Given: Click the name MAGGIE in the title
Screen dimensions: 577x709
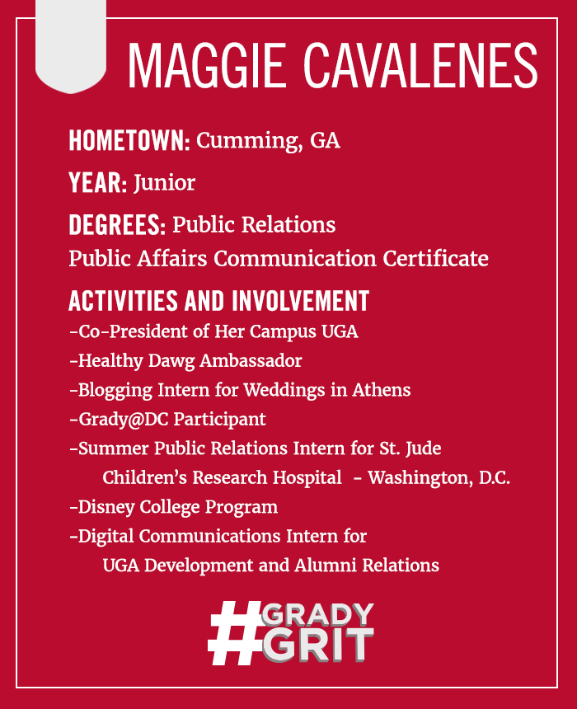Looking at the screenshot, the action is point(207,66).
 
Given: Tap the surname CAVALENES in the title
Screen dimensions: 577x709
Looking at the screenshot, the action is point(420,66).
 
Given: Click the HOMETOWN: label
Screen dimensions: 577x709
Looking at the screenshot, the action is point(129,140).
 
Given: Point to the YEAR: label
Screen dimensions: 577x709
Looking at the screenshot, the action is point(97,183).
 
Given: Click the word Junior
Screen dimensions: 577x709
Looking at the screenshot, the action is point(164,183).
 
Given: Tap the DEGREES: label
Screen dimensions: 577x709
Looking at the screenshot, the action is point(117,225).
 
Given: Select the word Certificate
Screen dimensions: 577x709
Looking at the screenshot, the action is point(435,258).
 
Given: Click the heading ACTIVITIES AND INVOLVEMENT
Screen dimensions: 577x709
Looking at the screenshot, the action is point(219,301).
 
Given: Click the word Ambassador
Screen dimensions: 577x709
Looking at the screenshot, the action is point(251,361).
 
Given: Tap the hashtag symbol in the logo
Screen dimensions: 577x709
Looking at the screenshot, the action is point(235,632).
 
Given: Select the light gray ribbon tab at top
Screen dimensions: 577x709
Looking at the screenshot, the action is point(71,45).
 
